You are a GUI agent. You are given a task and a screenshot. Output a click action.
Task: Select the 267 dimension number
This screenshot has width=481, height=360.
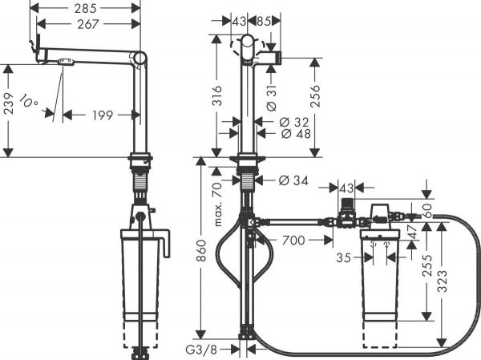[x=89, y=24]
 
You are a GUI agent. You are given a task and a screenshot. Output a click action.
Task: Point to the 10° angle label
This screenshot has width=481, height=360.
[x=30, y=103]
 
